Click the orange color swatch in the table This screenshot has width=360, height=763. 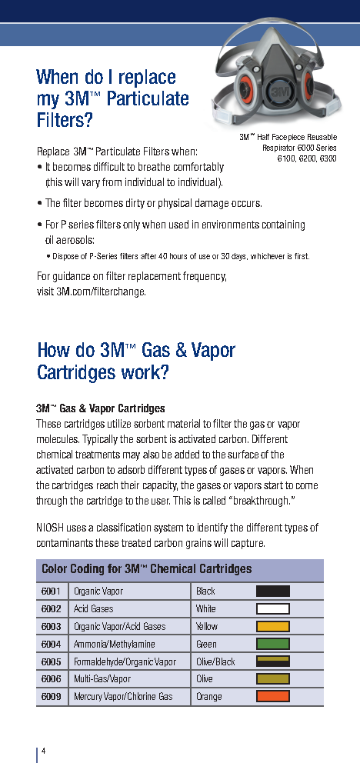pyautogui.click(x=273, y=696)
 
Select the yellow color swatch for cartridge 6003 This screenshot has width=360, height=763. pyautogui.click(x=273, y=626)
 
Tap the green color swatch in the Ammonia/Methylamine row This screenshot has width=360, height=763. pyautogui.click(x=273, y=644)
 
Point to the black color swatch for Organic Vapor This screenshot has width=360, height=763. pyautogui.click(x=273, y=591)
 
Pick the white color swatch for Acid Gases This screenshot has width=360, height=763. pyautogui.click(x=273, y=608)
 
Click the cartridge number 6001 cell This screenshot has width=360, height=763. pyautogui.click(x=52, y=591)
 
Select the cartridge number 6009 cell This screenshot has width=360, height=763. pyautogui.click(x=52, y=696)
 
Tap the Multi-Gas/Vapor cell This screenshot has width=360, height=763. pyautogui.click(x=102, y=679)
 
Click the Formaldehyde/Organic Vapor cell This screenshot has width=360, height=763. pyautogui.click(x=125, y=661)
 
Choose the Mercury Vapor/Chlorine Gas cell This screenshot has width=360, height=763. pyautogui.click(x=123, y=696)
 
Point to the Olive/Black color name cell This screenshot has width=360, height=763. pyautogui.click(x=215, y=661)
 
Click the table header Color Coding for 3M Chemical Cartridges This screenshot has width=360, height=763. pyautogui.click(x=146, y=569)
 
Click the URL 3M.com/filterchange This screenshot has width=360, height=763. pyautogui.click(x=101, y=292)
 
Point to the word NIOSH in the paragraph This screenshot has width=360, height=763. pyautogui.click(x=51, y=528)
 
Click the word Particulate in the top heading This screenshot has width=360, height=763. pyautogui.click(x=148, y=98)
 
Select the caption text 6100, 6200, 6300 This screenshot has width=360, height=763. pyautogui.click(x=307, y=158)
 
